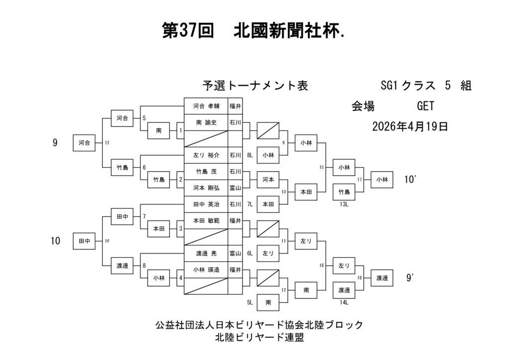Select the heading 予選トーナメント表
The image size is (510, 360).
click(x=255, y=86)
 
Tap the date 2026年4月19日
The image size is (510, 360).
click(x=410, y=126)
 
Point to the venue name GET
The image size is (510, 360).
click(x=425, y=106)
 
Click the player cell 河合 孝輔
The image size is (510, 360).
click(x=206, y=106)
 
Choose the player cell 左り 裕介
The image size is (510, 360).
click(x=206, y=155)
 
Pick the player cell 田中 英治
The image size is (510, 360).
click(x=206, y=204)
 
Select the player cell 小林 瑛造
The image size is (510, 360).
click(x=206, y=269)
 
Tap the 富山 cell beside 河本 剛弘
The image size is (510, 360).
click(x=235, y=188)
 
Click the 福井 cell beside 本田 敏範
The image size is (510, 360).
click(x=235, y=221)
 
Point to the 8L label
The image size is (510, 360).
click(x=250, y=155)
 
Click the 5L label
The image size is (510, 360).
click(x=250, y=302)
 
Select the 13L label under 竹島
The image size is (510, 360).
click(x=344, y=204)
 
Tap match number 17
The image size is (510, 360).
click(x=360, y=179)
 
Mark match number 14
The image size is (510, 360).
click(x=107, y=241)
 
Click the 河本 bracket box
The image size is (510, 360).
click(x=268, y=179)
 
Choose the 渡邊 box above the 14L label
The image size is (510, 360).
click(x=344, y=290)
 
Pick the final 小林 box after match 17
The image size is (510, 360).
click(x=382, y=179)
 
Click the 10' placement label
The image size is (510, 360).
click(x=410, y=179)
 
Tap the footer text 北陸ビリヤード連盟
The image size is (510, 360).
click(x=259, y=338)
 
